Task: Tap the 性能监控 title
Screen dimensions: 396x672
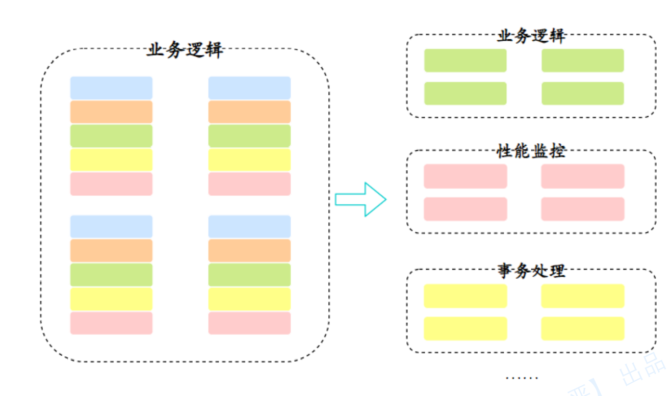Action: click(531, 151)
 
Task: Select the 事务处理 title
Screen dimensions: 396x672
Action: click(531, 270)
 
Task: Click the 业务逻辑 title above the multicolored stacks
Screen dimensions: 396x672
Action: click(185, 50)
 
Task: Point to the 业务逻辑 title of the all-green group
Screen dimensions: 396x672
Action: click(531, 36)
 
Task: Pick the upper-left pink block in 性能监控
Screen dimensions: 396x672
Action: click(466, 176)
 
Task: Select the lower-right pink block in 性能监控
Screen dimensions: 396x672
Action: click(583, 209)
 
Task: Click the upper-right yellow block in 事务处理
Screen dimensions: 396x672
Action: click(583, 296)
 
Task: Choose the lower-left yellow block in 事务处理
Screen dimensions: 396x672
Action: click(466, 329)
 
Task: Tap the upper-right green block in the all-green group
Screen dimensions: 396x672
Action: click(583, 61)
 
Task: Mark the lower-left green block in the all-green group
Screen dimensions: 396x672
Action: click(466, 93)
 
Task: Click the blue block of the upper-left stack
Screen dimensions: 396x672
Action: click(111, 88)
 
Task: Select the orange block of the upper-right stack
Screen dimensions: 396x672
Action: click(249, 112)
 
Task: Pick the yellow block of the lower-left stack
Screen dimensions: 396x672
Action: click(111, 299)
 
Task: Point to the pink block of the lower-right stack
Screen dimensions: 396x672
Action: click(249, 323)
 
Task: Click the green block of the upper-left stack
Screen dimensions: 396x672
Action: click(111, 136)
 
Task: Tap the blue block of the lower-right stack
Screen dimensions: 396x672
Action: click(249, 227)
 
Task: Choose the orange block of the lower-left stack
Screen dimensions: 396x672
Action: click(111, 251)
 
